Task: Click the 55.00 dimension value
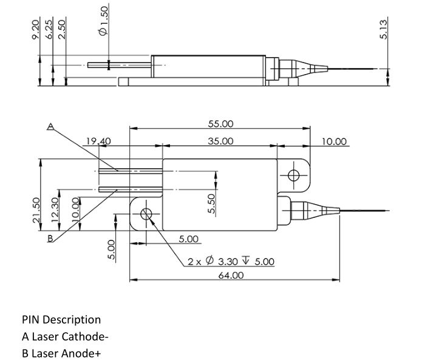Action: pos(220,124)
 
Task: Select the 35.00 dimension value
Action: pos(220,141)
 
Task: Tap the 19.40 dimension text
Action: pos(98,141)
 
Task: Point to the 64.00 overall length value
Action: pos(231,276)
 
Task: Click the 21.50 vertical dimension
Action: pos(36,211)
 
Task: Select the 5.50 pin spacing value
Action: pos(212,203)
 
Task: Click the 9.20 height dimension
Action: pos(36,30)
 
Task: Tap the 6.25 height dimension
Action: pos(49,30)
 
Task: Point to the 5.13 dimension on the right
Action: pos(383,30)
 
